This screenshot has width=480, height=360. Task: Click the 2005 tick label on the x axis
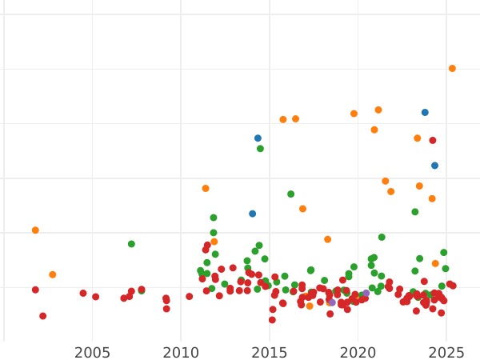(x=92, y=353)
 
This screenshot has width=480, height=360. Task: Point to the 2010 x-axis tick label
(x=181, y=353)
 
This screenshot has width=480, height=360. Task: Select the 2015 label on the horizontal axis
(x=270, y=353)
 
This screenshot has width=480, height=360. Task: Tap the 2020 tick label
(x=358, y=353)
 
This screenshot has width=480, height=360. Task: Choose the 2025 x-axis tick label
(x=447, y=353)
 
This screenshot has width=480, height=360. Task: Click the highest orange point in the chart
(x=452, y=69)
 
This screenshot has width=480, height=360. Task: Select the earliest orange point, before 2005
(x=35, y=230)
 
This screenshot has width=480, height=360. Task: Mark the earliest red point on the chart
(x=35, y=290)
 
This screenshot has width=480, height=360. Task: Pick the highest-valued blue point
(x=425, y=113)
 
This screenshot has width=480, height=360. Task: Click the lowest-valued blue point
(x=252, y=214)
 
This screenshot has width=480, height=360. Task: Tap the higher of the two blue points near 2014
(x=258, y=138)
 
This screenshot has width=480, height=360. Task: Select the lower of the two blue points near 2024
(x=434, y=166)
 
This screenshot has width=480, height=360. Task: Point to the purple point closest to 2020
(x=366, y=294)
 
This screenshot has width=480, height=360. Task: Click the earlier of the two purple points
(x=332, y=302)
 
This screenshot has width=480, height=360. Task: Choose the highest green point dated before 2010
(x=131, y=244)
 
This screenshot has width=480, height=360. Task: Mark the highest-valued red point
(x=433, y=141)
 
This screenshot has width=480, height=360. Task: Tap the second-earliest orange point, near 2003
(x=53, y=274)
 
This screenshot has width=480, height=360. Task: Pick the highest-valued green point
(x=260, y=149)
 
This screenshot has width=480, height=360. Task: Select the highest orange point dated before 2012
(x=206, y=189)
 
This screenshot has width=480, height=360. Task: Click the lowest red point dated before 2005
(x=42, y=316)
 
